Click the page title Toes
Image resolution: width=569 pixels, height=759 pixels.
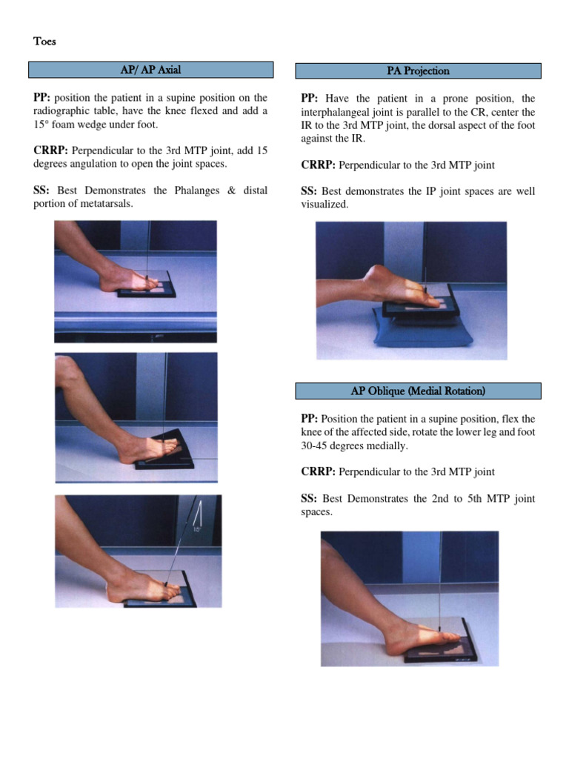point(44,42)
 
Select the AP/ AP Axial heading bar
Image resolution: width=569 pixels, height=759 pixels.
point(150,70)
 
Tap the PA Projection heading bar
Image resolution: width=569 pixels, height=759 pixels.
point(418,71)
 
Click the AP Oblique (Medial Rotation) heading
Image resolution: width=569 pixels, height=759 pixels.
point(418,391)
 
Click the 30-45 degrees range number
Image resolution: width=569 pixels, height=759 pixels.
point(315,445)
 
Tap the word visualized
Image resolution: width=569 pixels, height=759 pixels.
point(325,204)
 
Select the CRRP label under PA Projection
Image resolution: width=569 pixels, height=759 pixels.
point(318,165)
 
